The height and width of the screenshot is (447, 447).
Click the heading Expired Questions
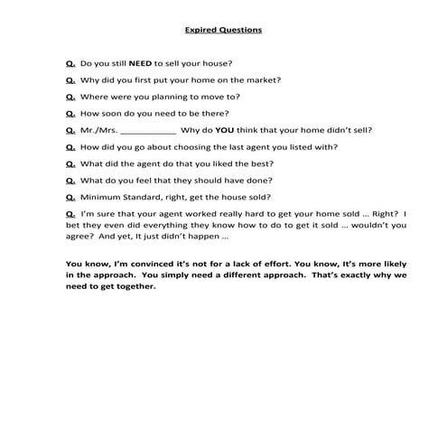[x=223, y=30]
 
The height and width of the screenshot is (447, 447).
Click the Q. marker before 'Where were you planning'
[x=70, y=96]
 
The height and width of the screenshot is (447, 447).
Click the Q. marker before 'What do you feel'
[x=70, y=180]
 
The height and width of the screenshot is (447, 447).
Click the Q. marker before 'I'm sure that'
[x=70, y=213]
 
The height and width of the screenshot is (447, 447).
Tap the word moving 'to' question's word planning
[x=179, y=97]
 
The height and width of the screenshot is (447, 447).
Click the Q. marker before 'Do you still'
[x=70, y=63]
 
